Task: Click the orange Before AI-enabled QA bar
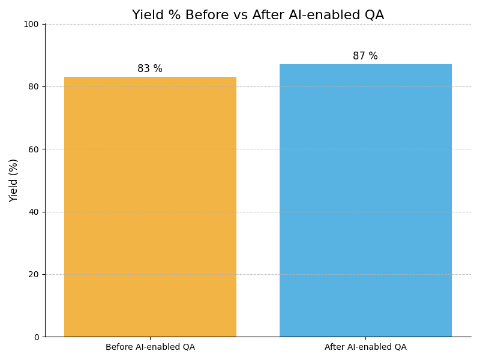[150, 207]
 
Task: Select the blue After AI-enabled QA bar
[365, 200]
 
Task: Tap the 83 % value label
[150, 69]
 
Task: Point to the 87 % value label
[365, 56]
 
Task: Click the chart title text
[258, 16]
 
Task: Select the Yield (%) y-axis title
[14, 180]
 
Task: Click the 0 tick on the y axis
[36, 337]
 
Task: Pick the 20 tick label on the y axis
[34, 274]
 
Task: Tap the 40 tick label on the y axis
[34, 212]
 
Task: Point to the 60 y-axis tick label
[34, 149]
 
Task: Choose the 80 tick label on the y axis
[34, 86]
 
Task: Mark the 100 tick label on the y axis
[31, 24]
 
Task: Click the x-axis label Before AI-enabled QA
[150, 347]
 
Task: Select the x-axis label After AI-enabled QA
[365, 347]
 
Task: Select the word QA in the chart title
[373, 16]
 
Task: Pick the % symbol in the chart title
[170, 16]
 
